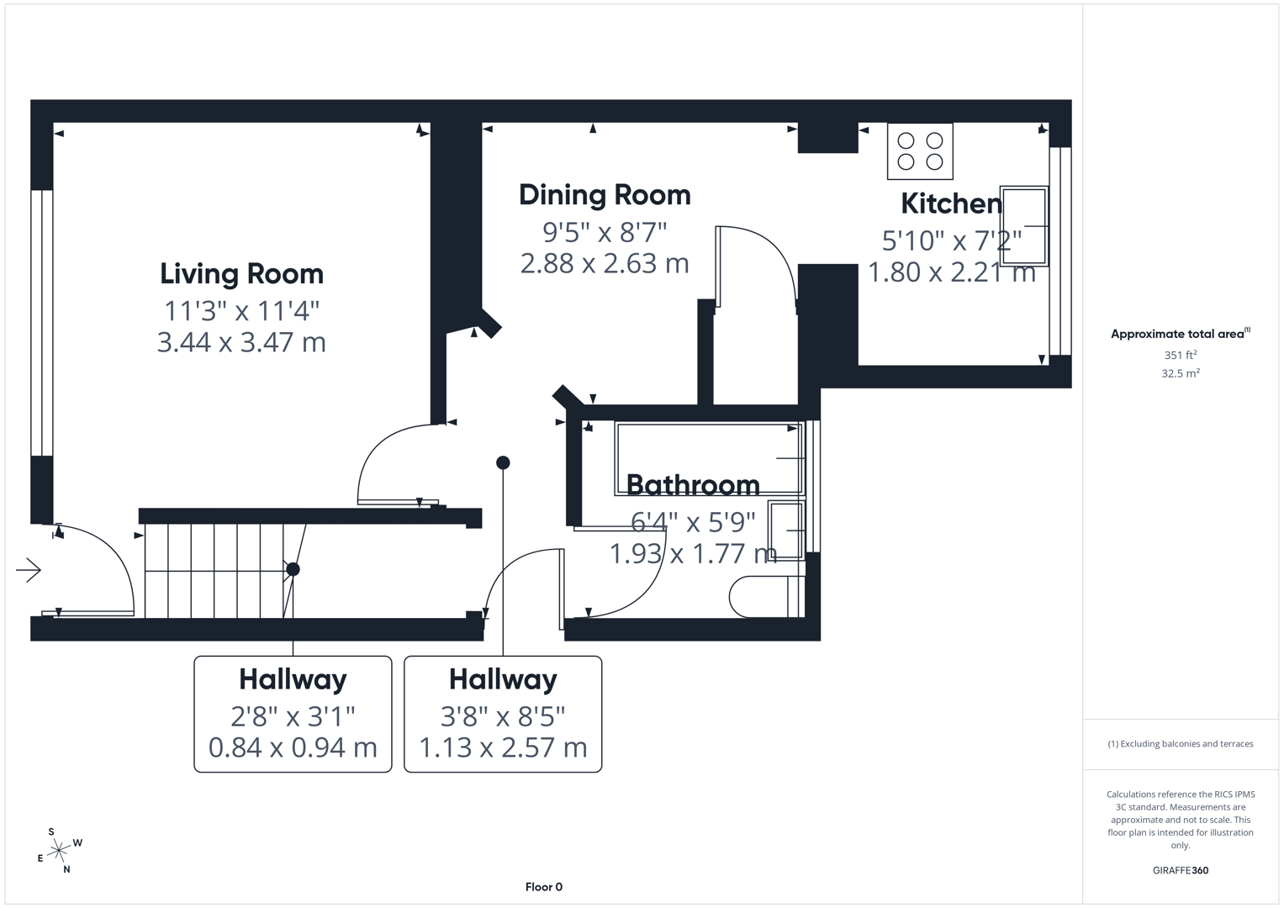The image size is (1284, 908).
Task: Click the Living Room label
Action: click(241, 274)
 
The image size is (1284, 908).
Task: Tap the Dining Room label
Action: click(605, 195)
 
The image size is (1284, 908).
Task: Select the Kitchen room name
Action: click(951, 203)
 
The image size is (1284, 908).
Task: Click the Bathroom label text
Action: click(693, 485)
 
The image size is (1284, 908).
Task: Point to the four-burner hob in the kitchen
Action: click(920, 151)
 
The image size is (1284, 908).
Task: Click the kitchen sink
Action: click(1023, 226)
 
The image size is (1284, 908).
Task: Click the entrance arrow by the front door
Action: click(29, 570)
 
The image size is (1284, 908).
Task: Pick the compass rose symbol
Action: click(59, 852)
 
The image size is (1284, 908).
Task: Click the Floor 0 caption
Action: click(543, 887)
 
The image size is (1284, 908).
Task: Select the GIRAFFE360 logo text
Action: click(1180, 870)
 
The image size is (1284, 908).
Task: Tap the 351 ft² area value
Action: click(1180, 355)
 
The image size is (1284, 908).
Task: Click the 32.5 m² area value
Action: click(1180, 373)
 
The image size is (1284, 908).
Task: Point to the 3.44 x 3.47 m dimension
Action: click(241, 343)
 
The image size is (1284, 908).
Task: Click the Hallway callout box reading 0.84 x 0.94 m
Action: click(293, 714)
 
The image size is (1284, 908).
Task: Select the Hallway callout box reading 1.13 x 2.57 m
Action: click(503, 714)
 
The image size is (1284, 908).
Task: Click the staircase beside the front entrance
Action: click(219, 570)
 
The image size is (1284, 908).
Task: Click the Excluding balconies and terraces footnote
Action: click(1180, 744)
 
